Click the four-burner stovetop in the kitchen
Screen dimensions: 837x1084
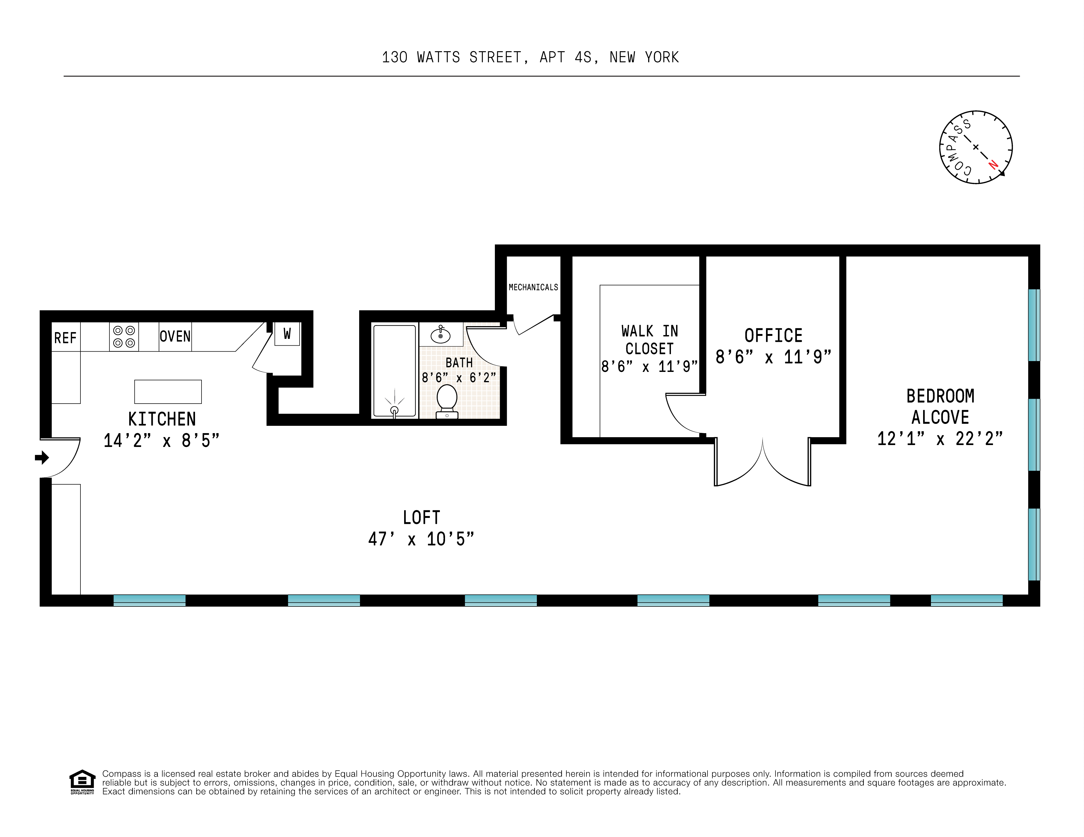click(124, 337)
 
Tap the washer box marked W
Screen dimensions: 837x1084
click(287, 334)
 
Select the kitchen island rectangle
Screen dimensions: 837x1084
click(168, 392)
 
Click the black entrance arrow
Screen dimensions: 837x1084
click(42, 457)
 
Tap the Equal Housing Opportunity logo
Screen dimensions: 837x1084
click(82, 782)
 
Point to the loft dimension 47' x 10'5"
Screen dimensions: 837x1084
click(421, 539)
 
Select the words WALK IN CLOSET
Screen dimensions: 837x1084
click(649, 340)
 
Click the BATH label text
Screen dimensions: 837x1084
click(459, 363)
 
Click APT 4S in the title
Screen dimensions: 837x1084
click(566, 58)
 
